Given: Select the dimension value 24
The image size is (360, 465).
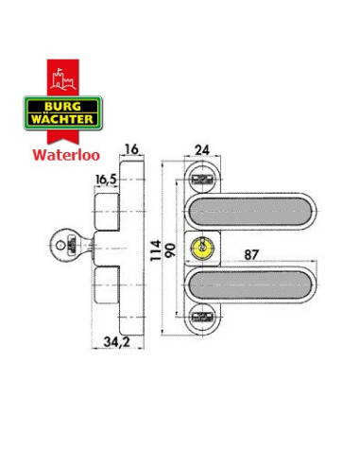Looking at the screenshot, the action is click(x=201, y=148).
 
